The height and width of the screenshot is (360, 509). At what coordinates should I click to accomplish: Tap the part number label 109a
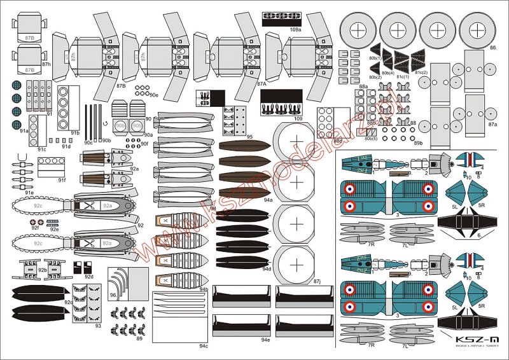pos(295,29)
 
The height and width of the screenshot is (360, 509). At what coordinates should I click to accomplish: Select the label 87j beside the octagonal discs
pos(317,280)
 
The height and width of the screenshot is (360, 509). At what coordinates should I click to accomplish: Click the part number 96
pos(113,295)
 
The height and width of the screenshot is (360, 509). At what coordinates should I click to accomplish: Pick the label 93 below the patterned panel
pos(97,326)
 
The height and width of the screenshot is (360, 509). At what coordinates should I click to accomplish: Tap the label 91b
pos(75,132)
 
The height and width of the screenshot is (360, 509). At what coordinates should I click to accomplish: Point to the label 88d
pos(338,141)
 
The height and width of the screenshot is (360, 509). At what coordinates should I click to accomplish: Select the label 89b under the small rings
pos(418,144)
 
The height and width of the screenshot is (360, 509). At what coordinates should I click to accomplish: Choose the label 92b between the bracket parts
pos(42,270)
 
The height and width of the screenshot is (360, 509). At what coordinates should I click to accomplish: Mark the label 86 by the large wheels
pos(493,48)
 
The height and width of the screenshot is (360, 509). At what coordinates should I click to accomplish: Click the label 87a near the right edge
pos(492,125)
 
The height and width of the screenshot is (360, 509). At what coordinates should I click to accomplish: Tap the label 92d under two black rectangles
pos(89,277)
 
